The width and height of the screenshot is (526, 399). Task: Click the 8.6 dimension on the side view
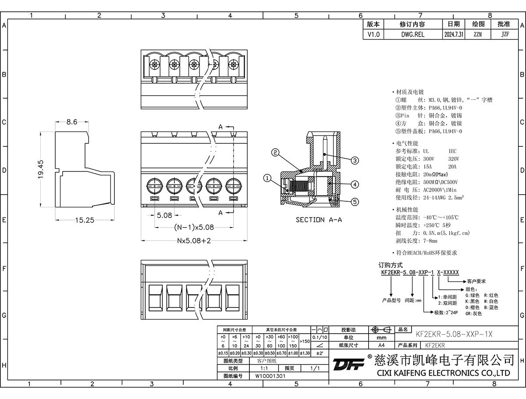(72, 122)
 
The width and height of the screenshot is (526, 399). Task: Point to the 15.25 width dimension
(84, 220)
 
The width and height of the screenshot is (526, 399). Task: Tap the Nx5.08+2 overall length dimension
(194, 241)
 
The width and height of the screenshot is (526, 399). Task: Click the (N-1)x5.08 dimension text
(194, 227)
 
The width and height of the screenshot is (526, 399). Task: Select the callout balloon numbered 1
(268, 178)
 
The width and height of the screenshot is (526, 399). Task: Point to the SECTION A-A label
(319, 220)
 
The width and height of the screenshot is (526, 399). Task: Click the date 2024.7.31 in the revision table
(454, 35)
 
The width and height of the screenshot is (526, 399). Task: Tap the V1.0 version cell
(374, 35)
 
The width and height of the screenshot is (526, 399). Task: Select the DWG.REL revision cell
(412, 35)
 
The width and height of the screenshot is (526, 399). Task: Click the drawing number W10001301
(270, 376)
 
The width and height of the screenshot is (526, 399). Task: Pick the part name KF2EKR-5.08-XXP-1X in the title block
(454, 334)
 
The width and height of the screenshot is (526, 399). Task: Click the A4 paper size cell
(381, 345)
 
